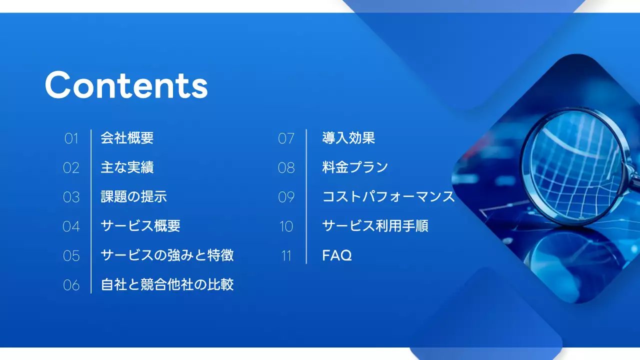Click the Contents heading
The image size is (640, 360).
click(x=126, y=85)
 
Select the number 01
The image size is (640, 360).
click(x=71, y=138)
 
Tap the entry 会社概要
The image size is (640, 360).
click(x=127, y=138)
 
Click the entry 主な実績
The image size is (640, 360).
click(x=127, y=167)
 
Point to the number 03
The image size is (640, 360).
click(x=71, y=197)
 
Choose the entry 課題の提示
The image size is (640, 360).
click(x=133, y=196)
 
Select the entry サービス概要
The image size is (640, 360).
click(x=140, y=226)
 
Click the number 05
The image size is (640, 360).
click(x=71, y=256)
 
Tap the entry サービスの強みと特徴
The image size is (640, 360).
click(x=167, y=255)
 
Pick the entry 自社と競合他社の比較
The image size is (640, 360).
click(x=167, y=285)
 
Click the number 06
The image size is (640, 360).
click(x=71, y=285)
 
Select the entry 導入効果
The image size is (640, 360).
click(x=348, y=138)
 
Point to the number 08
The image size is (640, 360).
click(x=286, y=168)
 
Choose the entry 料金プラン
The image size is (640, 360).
click(x=355, y=167)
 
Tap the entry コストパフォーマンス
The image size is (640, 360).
click(x=388, y=196)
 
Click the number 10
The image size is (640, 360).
click(x=286, y=226)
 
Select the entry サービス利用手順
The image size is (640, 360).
click(x=375, y=226)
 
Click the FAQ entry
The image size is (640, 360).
click(x=337, y=255)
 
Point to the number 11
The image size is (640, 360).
click(x=286, y=256)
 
